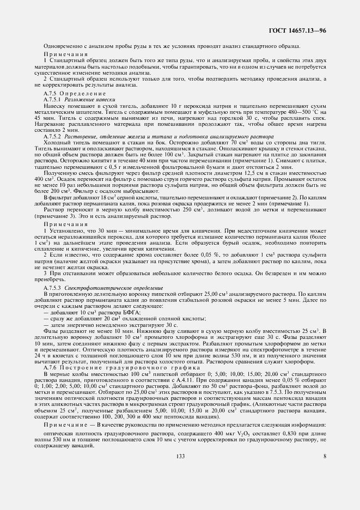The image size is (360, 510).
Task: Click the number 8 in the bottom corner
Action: pyautogui.click(x=325, y=456)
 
